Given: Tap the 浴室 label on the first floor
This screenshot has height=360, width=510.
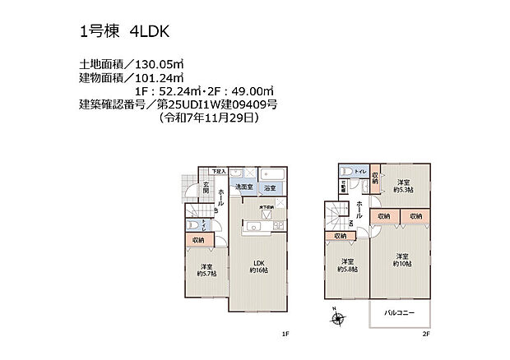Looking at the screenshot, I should click(x=271, y=188).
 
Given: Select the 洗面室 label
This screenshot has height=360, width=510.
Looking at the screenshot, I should click(x=243, y=188).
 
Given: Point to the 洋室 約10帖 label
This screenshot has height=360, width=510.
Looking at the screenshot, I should click(x=401, y=260).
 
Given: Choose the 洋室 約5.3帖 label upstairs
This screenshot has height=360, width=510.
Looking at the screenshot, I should click(x=402, y=186).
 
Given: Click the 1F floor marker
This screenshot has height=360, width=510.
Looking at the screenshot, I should click(x=285, y=334).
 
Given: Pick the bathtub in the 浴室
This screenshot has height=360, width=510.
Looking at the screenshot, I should click(x=271, y=177).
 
